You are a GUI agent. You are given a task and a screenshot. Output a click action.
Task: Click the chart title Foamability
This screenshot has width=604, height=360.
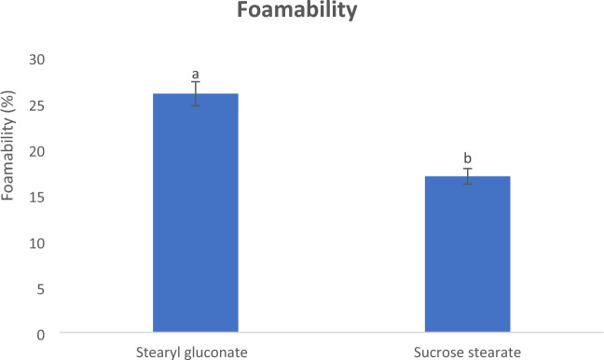(302, 13)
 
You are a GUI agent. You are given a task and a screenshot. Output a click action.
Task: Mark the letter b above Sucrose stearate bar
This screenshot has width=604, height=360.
(468, 159)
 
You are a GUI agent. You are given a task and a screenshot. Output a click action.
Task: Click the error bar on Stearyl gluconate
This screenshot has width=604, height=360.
(196, 93)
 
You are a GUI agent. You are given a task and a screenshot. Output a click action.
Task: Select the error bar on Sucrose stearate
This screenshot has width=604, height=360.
(468, 176)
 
